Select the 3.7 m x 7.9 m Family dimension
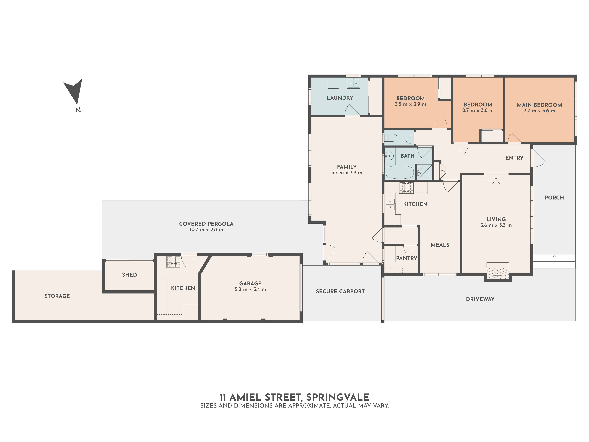(347, 173)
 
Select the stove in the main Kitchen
(406, 187)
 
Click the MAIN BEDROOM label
(539, 105)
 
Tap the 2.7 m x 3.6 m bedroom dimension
(478, 111)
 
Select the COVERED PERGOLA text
(206, 224)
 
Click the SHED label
(129, 275)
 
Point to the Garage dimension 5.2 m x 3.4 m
(250, 289)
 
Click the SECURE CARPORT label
(340, 291)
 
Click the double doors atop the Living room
(496, 179)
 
